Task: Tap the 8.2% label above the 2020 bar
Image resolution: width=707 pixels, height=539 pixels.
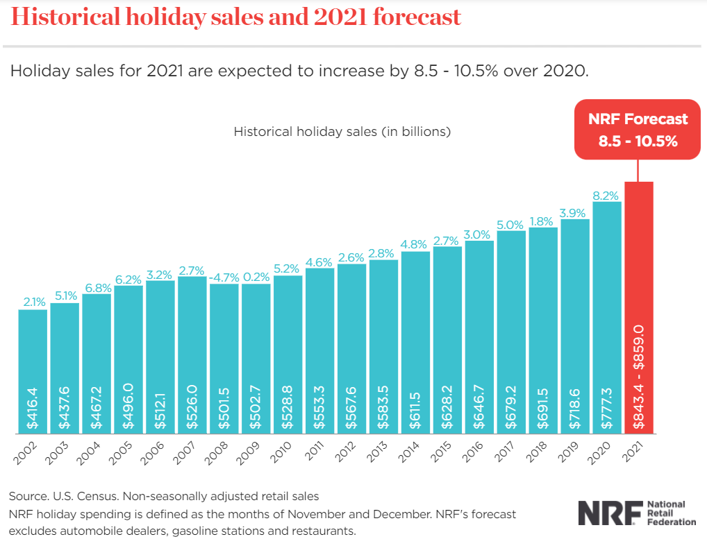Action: [606, 196]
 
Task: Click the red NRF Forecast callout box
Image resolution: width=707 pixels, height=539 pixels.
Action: [638, 130]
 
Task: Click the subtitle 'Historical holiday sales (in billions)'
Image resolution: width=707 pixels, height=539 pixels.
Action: [342, 130]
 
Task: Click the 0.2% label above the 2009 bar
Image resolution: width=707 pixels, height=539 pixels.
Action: [256, 277]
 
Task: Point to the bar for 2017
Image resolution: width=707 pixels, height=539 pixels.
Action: [510, 333]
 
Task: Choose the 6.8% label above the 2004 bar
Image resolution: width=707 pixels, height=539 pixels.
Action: [97, 287]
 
